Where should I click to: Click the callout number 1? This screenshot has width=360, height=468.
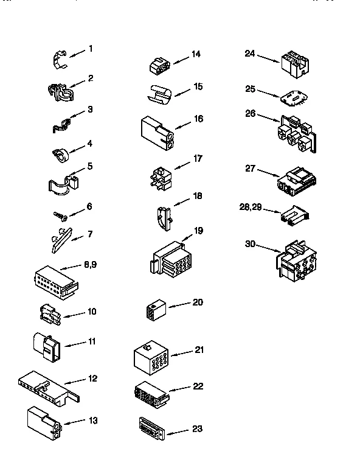[x=91, y=48]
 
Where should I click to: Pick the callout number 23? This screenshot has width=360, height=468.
[x=196, y=428]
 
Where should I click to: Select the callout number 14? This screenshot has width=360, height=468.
[x=195, y=54]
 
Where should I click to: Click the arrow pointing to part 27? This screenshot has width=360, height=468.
[x=268, y=173]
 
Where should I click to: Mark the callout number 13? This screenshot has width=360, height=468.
[x=92, y=420]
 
